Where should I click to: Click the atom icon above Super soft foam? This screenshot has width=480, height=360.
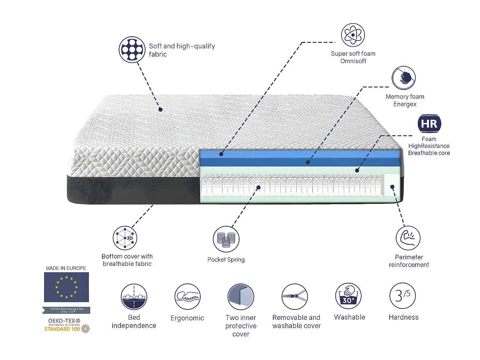[353, 35]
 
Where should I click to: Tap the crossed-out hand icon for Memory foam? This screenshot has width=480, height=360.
[404, 78]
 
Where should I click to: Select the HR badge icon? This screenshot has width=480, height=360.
[429, 124]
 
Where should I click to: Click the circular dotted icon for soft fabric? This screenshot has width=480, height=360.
[132, 50]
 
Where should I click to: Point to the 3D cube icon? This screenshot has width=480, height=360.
[125, 238]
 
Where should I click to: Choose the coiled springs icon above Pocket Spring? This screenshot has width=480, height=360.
[226, 239]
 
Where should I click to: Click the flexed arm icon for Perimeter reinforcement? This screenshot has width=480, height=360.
[408, 238]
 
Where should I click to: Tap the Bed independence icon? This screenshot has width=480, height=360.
[134, 297]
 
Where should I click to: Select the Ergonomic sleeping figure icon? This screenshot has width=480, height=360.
[188, 297]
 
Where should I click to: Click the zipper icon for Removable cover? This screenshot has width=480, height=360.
[295, 297]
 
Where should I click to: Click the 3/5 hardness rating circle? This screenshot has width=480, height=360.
[403, 296]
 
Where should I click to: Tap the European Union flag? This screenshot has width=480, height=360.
[67, 287]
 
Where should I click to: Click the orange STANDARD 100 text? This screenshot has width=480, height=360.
[62, 329]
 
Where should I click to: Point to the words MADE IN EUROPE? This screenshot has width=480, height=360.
[66, 268]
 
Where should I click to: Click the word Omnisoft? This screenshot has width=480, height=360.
[353, 61]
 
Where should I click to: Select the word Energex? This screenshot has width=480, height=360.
[405, 104]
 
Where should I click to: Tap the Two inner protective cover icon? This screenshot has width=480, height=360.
[241, 297]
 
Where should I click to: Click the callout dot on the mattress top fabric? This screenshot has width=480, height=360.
[161, 109]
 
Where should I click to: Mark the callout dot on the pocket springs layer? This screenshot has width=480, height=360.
[258, 187]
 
